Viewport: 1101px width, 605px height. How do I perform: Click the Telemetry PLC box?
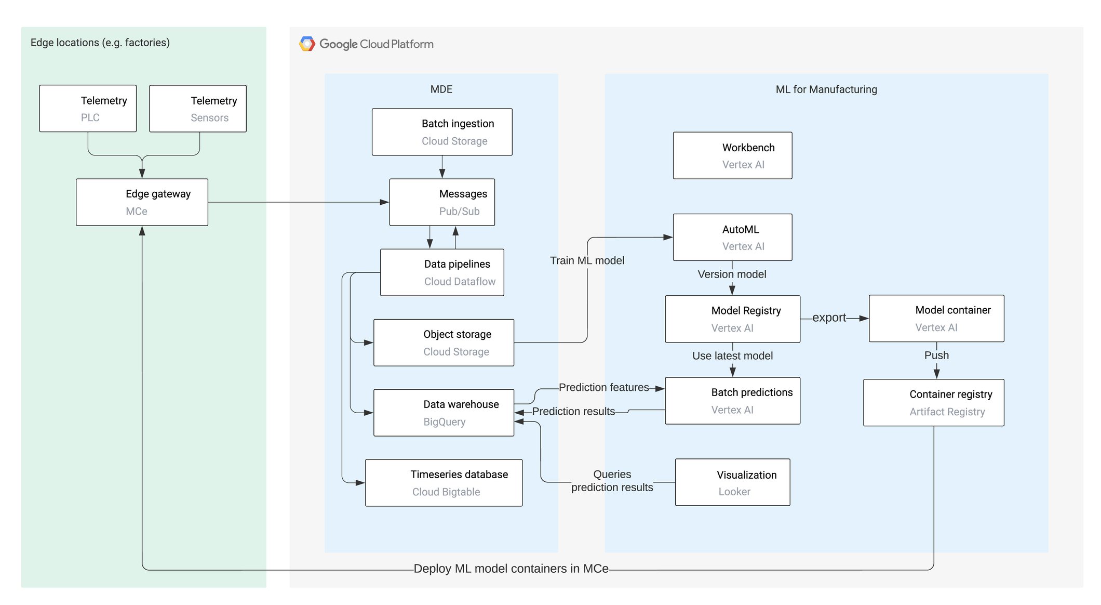(x=88, y=109)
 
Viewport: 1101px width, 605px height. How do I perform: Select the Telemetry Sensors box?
(x=198, y=109)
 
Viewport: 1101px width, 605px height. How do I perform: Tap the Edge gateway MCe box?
(x=142, y=202)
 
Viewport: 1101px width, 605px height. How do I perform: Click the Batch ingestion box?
(x=442, y=132)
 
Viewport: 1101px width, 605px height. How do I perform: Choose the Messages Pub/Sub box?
(x=442, y=202)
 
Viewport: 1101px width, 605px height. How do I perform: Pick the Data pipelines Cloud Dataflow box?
(x=442, y=272)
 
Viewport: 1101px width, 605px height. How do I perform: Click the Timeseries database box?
(x=444, y=483)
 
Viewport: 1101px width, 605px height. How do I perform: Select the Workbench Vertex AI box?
(x=732, y=155)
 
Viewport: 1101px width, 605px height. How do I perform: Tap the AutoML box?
(x=732, y=237)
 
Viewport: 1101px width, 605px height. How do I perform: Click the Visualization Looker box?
(x=732, y=482)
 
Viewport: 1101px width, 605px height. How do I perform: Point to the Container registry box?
(x=933, y=403)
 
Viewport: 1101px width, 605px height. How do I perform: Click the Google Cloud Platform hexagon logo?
(x=307, y=44)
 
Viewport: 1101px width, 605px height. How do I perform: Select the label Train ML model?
(x=587, y=260)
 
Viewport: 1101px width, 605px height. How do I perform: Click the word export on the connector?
(x=829, y=318)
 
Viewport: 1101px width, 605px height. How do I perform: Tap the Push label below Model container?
(x=936, y=356)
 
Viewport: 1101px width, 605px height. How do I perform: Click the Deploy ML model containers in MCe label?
(x=511, y=569)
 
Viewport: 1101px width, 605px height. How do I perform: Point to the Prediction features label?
(x=603, y=387)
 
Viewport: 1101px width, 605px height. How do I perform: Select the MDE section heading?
(x=441, y=89)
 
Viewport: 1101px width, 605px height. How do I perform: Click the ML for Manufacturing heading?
(x=826, y=89)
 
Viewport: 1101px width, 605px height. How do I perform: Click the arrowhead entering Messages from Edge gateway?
(x=384, y=202)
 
